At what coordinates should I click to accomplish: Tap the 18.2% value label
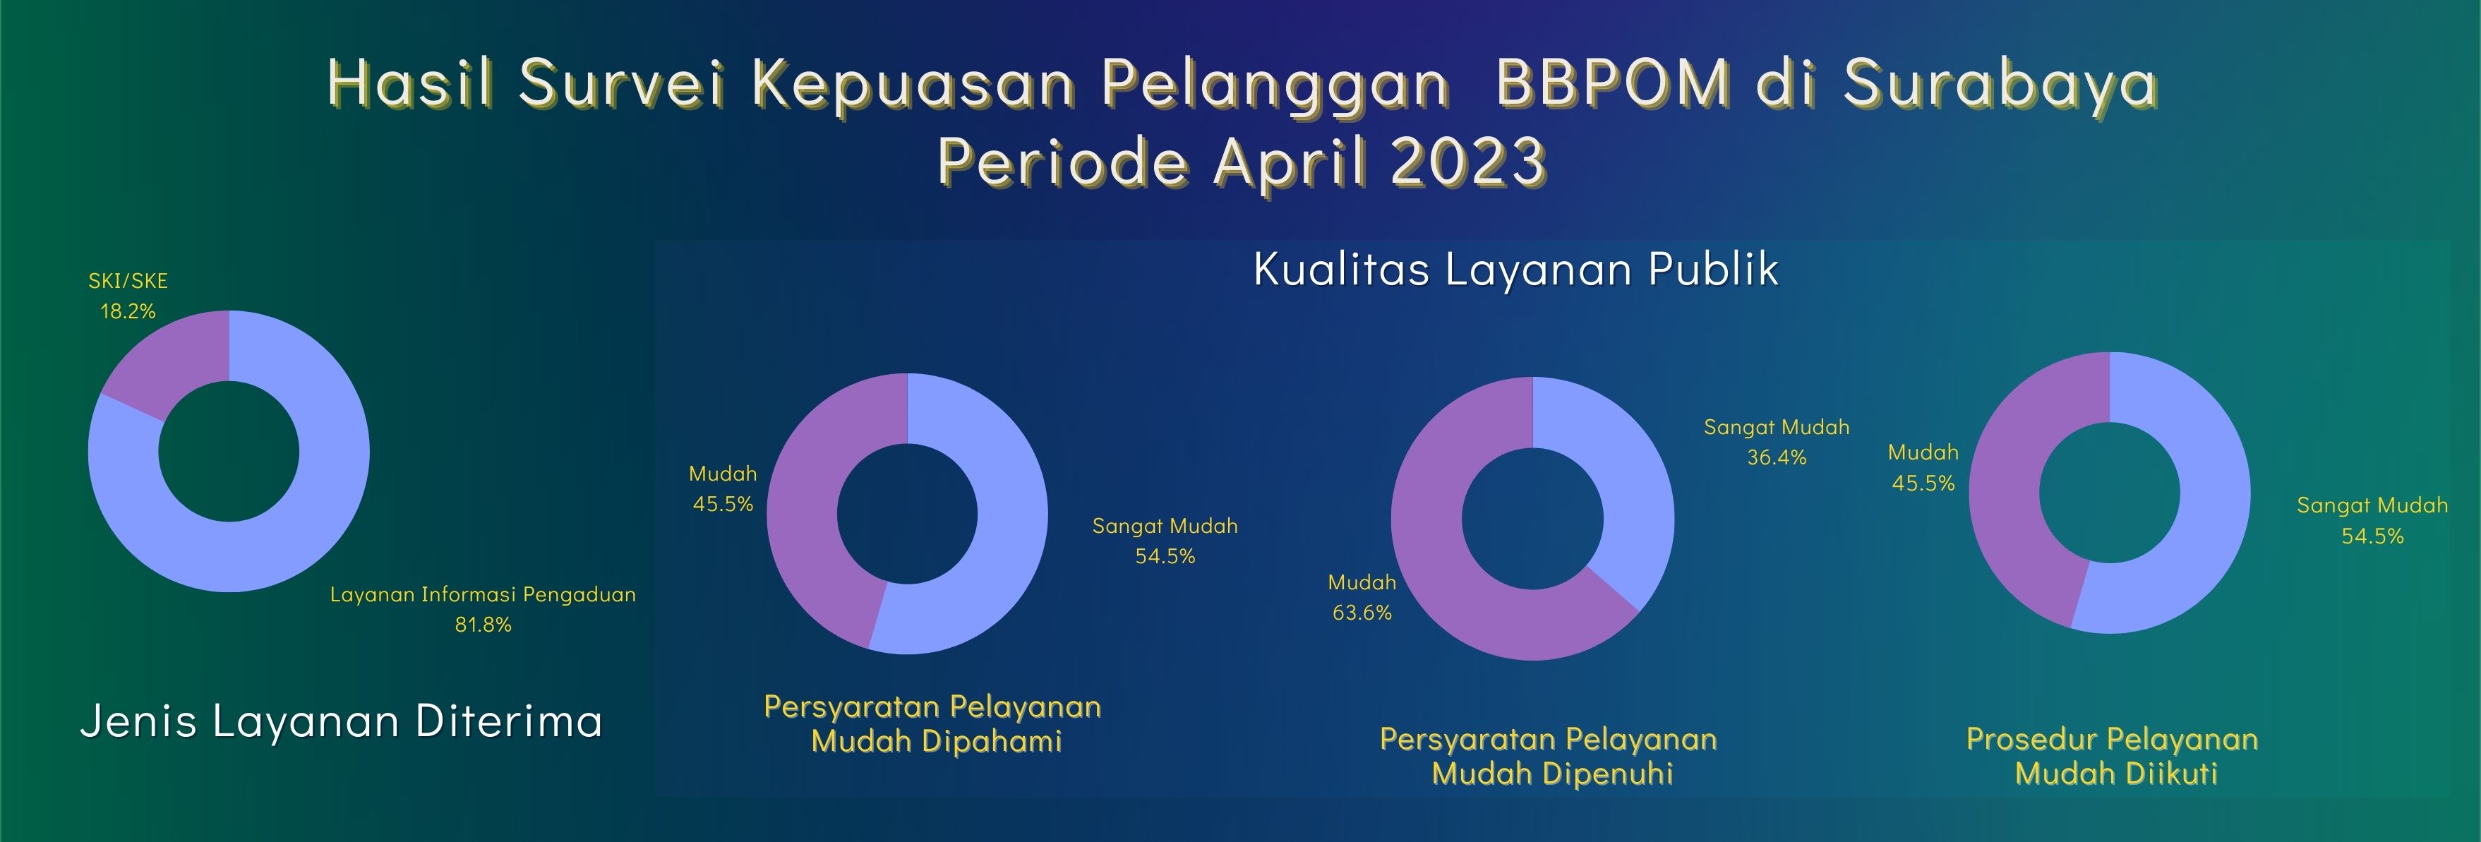128,311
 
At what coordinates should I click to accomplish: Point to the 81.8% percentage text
483,625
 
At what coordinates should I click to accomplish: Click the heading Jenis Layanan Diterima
342,721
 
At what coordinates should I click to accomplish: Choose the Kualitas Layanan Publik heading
1516,269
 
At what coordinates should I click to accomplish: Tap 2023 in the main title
1469,161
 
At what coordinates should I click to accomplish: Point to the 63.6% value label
1362,613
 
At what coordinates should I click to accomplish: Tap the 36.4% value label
1777,457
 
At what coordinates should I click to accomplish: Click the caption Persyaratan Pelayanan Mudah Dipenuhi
1549,757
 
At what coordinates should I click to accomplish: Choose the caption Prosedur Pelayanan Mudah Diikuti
2113,757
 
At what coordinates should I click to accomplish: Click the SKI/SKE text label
128,282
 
